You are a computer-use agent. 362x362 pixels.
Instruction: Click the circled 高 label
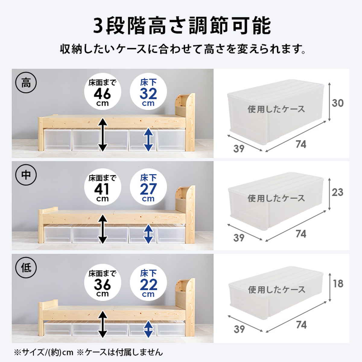click(x=26, y=83)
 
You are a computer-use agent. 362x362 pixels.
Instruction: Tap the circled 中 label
click(x=26, y=175)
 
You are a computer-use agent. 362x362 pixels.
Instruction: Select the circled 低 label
click(x=26, y=267)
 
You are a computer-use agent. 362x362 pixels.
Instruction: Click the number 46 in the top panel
click(x=102, y=94)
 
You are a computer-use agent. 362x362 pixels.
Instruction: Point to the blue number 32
click(x=148, y=94)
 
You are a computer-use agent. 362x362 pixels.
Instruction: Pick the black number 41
click(x=102, y=189)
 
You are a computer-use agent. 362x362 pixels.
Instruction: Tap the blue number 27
click(x=148, y=189)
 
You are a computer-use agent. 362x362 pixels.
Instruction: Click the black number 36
click(x=102, y=284)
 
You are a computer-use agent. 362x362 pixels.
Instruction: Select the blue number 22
click(x=148, y=284)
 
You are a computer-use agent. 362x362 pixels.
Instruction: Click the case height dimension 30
click(x=338, y=103)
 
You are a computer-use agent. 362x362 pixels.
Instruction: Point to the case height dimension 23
click(x=337, y=192)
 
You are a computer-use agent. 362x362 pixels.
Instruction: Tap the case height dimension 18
click(x=338, y=284)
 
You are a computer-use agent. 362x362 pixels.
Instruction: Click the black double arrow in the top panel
click(x=103, y=135)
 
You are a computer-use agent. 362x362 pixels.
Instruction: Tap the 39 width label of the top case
click(x=239, y=149)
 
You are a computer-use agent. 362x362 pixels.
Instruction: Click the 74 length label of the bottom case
click(x=301, y=325)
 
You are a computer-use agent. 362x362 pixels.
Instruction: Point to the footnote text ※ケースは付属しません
click(x=119, y=352)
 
